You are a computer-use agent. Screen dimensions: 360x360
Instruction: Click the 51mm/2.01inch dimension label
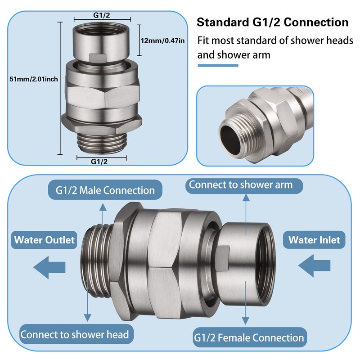pyautogui.click(x=33, y=79)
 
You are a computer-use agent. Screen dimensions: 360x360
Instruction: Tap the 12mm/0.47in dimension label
pyautogui.click(x=162, y=40)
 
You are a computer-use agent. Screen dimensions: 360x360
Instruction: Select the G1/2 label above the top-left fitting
pyautogui.click(x=102, y=15)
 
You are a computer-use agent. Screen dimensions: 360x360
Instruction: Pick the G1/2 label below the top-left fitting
pyautogui.click(x=99, y=162)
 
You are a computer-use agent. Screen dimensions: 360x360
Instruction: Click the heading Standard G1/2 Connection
pyautogui.click(x=273, y=22)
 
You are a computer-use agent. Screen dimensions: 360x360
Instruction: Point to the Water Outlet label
pyautogui.click(x=44, y=240)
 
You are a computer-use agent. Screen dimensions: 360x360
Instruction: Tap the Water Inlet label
pyautogui.click(x=314, y=240)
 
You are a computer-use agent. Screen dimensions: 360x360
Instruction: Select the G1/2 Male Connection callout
pyautogui.click(x=105, y=190)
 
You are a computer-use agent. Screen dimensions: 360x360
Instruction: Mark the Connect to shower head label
pyautogui.click(x=75, y=334)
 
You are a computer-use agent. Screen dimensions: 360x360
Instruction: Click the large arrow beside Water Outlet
pyautogui.click(x=49, y=267)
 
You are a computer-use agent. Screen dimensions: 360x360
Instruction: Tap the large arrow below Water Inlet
pyautogui.click(x=314, y=265)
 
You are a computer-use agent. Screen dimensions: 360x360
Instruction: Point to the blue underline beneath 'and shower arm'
pyautogui.click(x=218, y=65)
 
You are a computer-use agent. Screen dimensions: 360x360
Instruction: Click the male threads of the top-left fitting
pyautogui.click(x=102, y=142)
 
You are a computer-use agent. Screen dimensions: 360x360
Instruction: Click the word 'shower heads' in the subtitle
pyautogui.click(x=322, y=40)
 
